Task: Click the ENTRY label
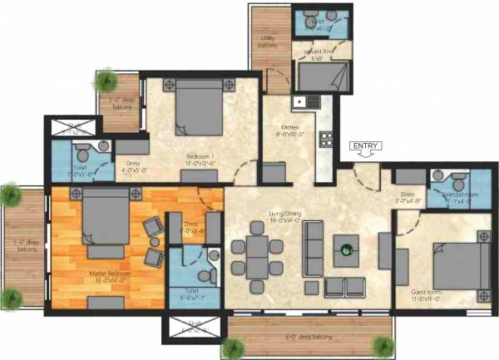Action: point(366,146)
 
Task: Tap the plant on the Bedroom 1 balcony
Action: point(106,81)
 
